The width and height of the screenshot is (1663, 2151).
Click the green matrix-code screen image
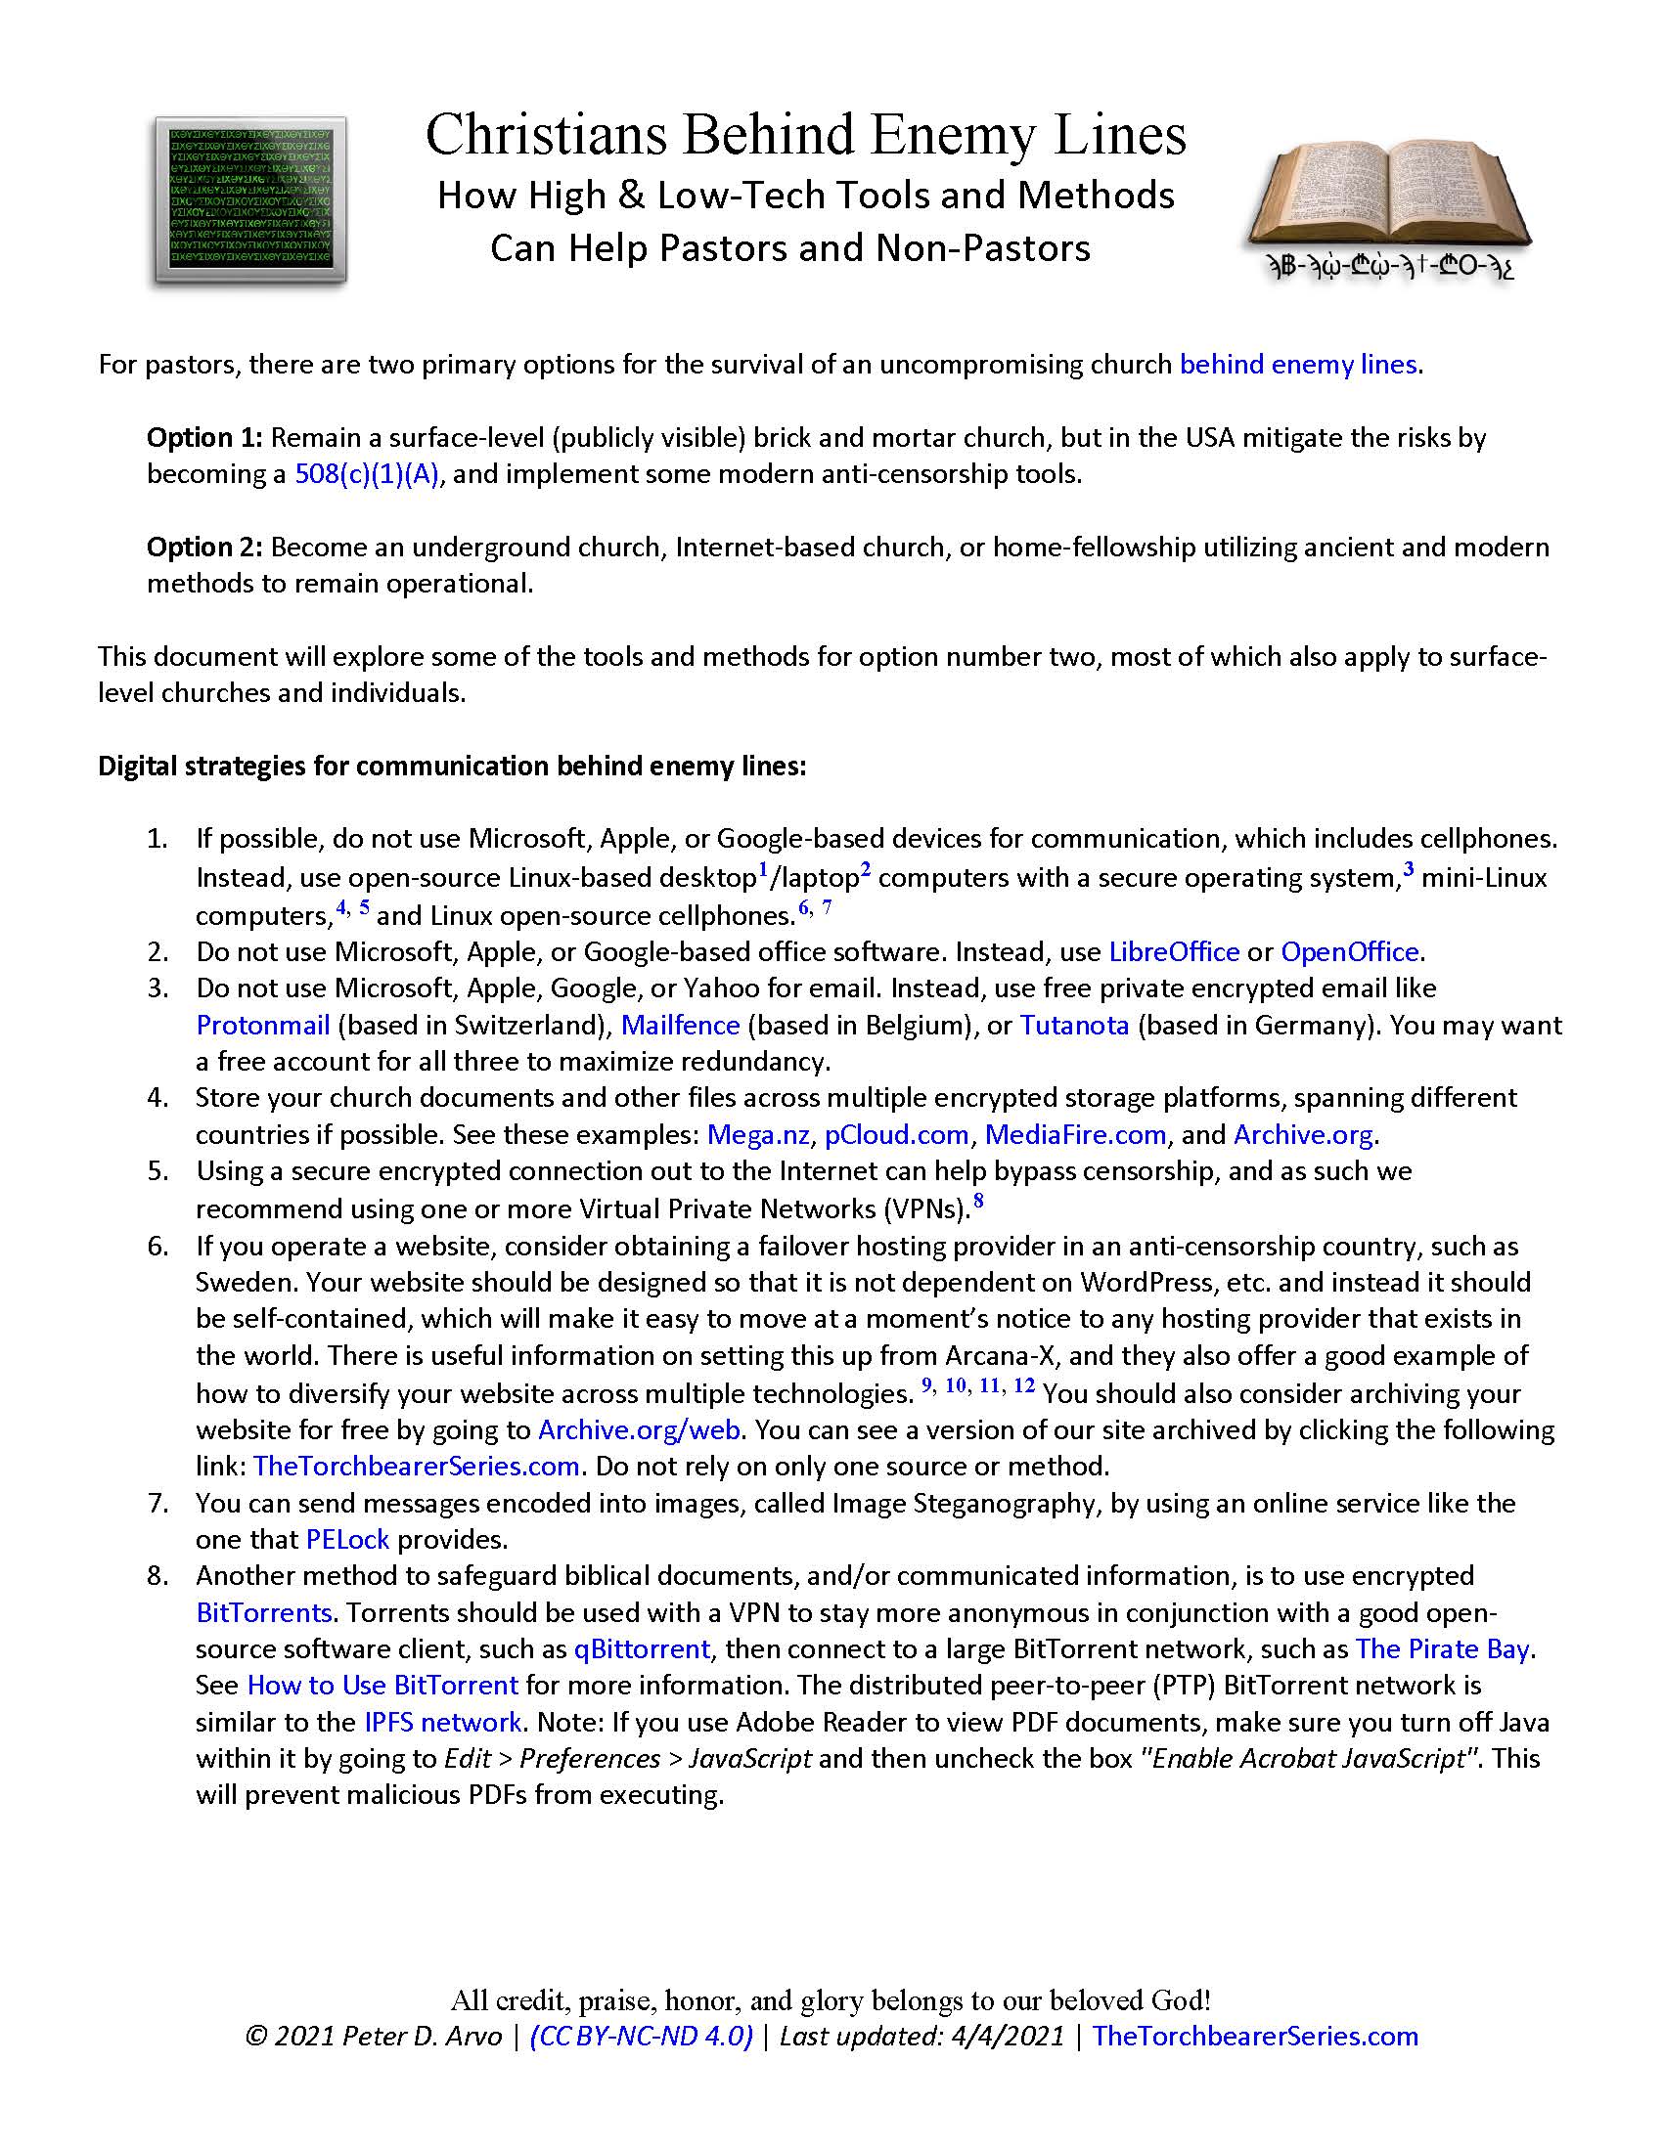pos(250,200)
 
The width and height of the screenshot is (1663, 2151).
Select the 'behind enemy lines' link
pos(1297,365)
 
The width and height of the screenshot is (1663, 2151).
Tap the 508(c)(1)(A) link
pos(367,475)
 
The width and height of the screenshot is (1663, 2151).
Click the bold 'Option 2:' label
pos(203,547)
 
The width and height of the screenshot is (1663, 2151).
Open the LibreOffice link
pos(1173,951)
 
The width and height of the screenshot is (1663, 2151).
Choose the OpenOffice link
pos(1349,951)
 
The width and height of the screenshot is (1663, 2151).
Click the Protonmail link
pos(262,1026)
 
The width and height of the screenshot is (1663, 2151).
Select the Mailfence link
pos(680,1026)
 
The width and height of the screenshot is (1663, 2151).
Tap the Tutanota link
pos(1074,1026)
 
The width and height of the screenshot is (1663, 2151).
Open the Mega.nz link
pos(757,1134)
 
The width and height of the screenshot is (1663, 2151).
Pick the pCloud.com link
pos(896,1134)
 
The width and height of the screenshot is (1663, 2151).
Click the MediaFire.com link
pos(1075,1134)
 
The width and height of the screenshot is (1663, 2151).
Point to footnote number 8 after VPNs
pos(978,1201)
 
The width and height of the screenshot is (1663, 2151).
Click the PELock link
pos(347,1539)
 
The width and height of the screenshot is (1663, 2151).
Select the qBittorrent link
pos(642,1648)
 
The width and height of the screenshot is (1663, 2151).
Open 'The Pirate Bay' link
pos(1441,1648)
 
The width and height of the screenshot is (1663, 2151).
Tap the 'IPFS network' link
pos(442,1722)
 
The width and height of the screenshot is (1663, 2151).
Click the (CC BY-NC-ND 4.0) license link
pos(642,2036)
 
